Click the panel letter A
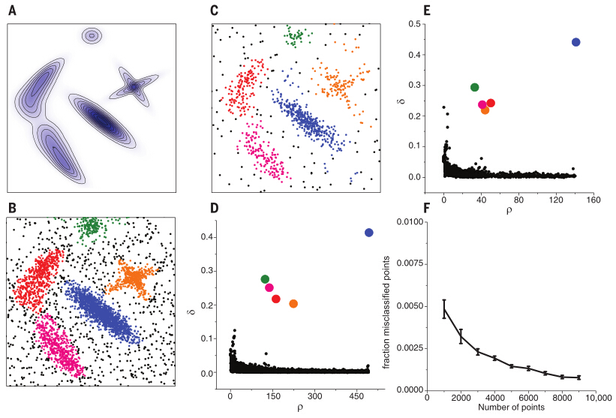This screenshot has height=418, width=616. click(12, 11)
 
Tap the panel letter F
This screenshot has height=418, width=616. click(426, 207)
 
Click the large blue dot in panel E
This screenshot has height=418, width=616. click(576, 42)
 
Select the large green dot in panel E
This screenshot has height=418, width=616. click(475, 87)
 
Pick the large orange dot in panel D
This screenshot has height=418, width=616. click(293, 304)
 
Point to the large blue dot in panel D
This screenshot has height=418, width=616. click(368, 233)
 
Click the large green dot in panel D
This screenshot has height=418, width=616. click(265, 279)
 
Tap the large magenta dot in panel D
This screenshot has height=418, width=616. click(269, 287)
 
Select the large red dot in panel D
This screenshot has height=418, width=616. click(276, 299)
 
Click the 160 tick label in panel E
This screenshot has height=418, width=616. click(593, 200)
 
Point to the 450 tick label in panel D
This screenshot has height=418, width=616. click(356, 396)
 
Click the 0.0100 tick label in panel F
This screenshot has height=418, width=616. click(410, 222)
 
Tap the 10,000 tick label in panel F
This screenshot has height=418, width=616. click(597, 398)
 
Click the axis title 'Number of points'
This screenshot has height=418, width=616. click(511, 407)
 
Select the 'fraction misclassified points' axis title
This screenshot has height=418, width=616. click(386, 313)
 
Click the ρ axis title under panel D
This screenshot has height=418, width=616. click(300, 407)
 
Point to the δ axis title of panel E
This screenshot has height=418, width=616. click(402, 102)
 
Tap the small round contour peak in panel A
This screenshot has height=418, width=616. click(92, 36)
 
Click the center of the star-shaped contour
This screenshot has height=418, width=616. click(134, 87)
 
